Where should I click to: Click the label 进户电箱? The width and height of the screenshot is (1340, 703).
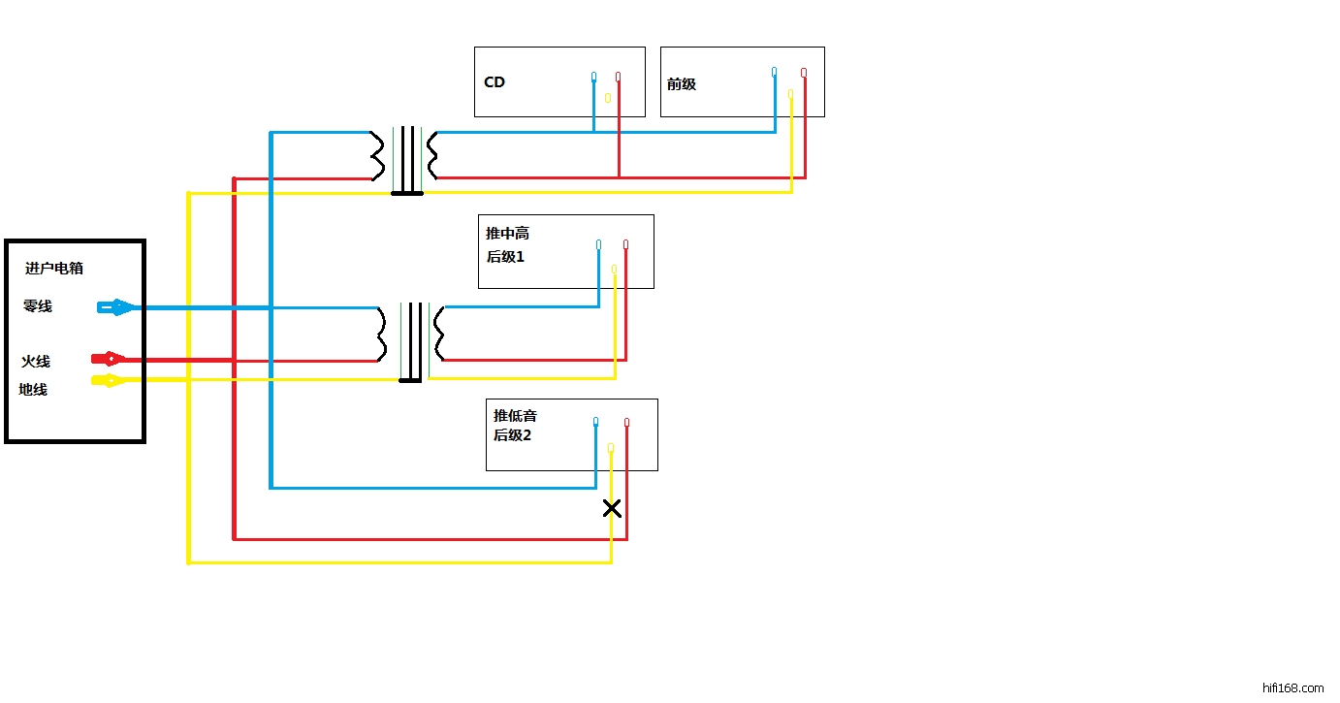point(54,269)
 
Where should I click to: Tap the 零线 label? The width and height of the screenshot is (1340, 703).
point(38,306)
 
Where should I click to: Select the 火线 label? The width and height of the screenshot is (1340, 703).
point(36,362)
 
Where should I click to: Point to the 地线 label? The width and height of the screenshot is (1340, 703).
point(33,390)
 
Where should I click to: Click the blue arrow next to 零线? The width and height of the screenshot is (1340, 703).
point(116,307)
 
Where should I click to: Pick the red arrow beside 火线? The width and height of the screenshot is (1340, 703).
point(109,359)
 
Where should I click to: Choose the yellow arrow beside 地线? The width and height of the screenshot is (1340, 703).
point(109,380)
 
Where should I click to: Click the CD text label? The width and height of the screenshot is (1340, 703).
point(495,82)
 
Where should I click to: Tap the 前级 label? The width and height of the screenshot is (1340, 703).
point(682,84)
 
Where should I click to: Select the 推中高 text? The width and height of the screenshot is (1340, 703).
point(507,234)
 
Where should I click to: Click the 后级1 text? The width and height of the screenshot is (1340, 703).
point(505,257)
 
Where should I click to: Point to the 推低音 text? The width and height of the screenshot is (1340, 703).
point(515,416)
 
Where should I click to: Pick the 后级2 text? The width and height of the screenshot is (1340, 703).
point(512,435)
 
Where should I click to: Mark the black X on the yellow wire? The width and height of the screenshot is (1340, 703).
point(612,508)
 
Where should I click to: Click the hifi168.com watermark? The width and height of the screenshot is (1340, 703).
point(1293,688)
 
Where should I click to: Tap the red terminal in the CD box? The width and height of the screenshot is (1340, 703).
point(618,77)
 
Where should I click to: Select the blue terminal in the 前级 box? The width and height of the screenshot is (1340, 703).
point(774,72)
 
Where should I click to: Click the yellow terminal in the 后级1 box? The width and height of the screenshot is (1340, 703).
point(614,269)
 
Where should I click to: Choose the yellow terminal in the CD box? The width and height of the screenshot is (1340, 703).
point(608,98)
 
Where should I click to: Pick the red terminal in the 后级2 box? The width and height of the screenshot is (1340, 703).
point(626,423)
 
